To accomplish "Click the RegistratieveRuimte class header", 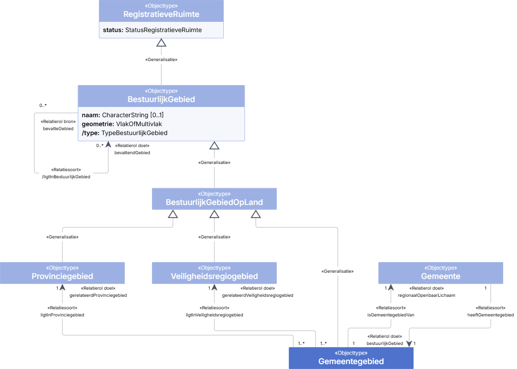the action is click(x=161, y=11).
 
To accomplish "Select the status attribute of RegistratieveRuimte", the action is click(x=152, y=30).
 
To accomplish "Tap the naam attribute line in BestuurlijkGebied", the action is click(x=123, y=115).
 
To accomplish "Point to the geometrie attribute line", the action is click(x=122, y=124).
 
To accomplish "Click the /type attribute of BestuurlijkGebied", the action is click(x=125, y=133).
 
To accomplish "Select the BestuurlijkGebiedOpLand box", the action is click(x=214, y=199).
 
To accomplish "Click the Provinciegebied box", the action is click(x=62, y=273).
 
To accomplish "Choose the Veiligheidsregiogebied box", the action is click(x=214, y=273).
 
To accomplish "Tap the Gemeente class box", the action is click(x=440, y=273).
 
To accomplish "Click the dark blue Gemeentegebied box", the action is click(x=351, y=358).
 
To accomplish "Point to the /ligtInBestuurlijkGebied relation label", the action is click(x=66, y=177).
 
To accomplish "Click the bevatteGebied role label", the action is click(x=58, y=129).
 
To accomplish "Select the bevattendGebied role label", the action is click(x=132, y=153).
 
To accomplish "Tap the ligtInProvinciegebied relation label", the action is click(x=62, y=315).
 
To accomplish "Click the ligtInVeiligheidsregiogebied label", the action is click(x=214, y=315).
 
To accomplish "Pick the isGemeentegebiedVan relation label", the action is click(x=391, y=315).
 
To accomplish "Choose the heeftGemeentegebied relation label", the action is click(x=490, y=315).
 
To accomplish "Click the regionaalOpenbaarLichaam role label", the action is click(x=427, y=295).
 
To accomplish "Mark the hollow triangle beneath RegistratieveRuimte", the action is click(x=161, y=43).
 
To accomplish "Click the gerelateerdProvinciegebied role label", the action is click(x=98, y=295).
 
